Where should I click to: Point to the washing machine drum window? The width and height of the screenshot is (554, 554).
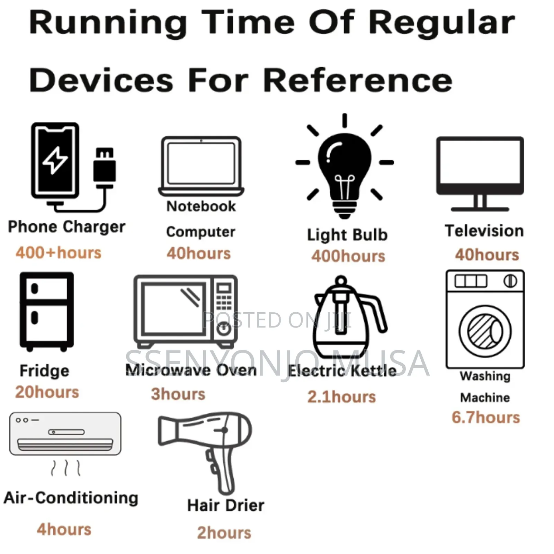pos(485,331)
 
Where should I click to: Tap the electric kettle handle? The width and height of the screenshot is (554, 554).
pos(376,312)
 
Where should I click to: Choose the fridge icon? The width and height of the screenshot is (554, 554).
pos(47,312)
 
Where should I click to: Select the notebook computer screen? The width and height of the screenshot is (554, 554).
pos(201,163)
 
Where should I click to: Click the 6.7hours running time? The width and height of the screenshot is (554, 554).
pos(485,417)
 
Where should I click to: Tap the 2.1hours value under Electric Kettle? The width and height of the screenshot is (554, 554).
pos(341,396)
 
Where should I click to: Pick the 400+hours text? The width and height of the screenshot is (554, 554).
pos(59,252)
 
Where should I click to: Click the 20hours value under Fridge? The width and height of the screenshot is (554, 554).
pos(47,392)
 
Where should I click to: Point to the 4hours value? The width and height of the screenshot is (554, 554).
pos(64,529)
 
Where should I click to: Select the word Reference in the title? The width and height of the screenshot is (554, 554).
pos(358,80)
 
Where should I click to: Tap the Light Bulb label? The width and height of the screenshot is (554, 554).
pos(347,235)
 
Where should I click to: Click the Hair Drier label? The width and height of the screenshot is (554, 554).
pos(226,505)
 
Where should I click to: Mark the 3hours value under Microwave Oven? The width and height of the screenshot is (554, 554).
pos(178,394)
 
